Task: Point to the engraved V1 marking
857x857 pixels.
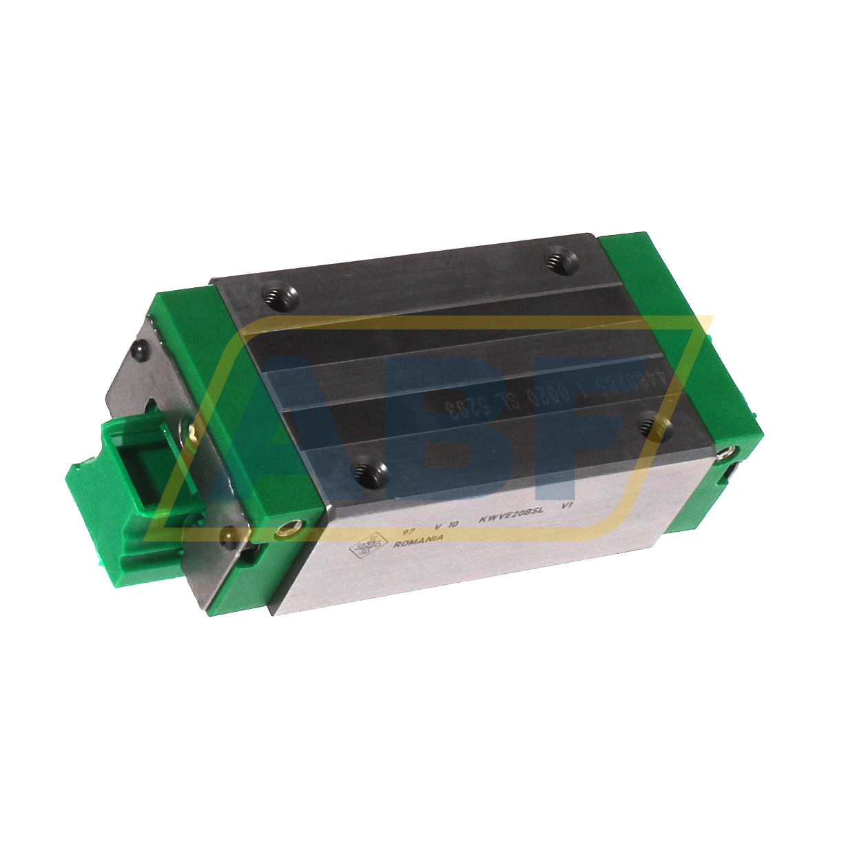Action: [568, 505]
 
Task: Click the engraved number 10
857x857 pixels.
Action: [453, 524]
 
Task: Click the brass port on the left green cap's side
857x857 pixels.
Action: [283, 531]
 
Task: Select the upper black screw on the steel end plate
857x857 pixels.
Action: [141, 351]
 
